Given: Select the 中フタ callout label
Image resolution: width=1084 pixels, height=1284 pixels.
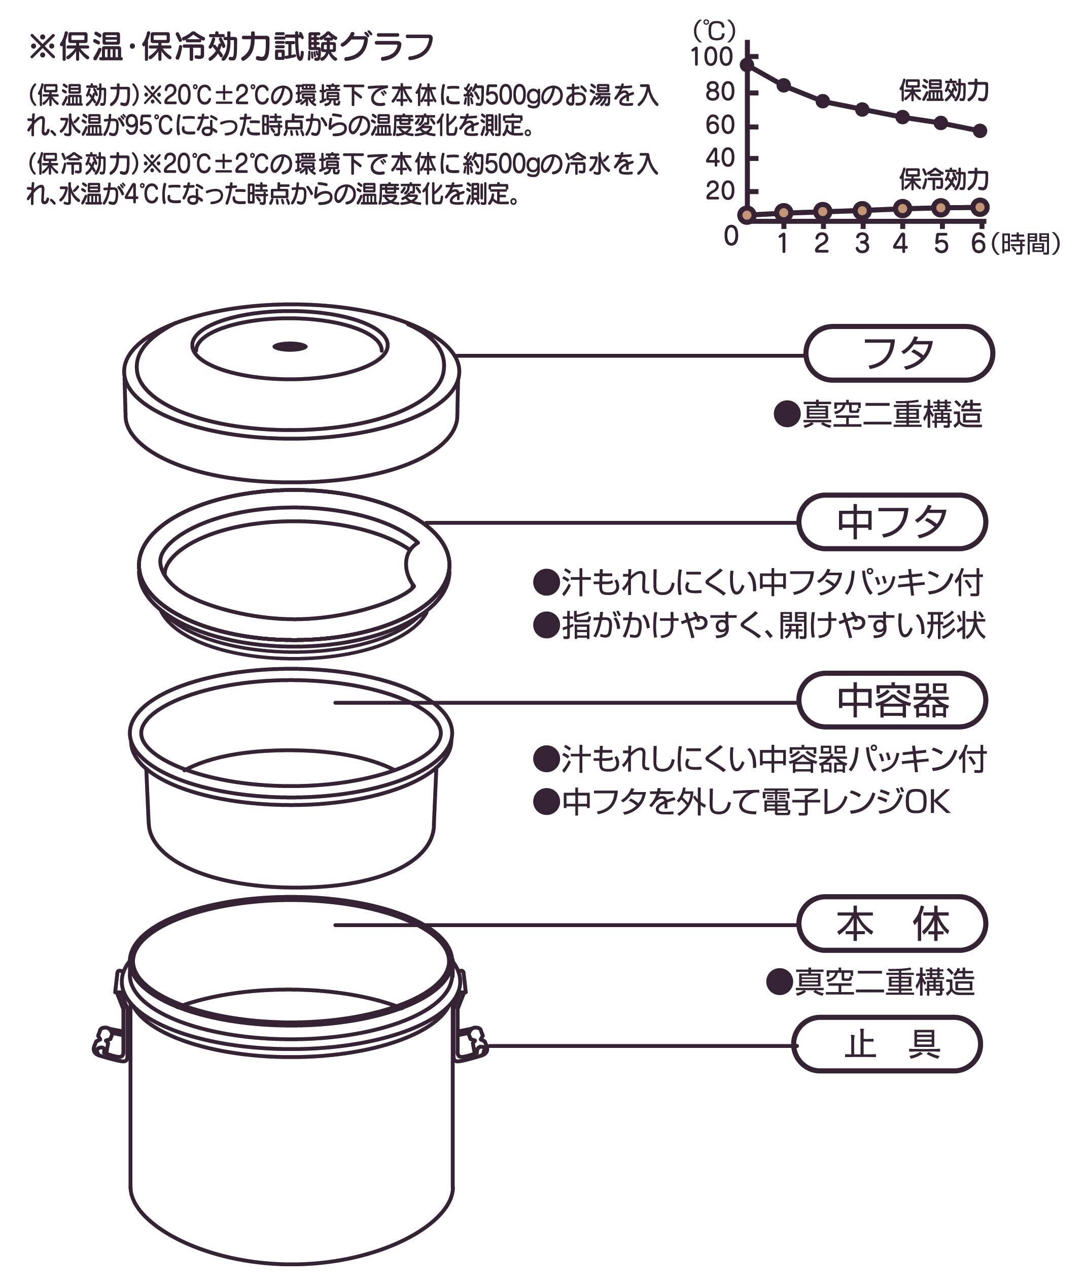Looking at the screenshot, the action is point(892,521).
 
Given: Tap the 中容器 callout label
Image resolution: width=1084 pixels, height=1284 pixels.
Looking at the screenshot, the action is point(892,700).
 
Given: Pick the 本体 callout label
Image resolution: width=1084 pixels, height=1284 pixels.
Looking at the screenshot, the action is point(892,924).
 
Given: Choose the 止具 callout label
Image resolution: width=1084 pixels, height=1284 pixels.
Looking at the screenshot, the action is point(887,1045).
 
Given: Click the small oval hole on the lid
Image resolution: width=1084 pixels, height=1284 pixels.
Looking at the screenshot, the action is point(290,347).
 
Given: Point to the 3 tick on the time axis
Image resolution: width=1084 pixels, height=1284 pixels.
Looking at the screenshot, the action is point(862,244).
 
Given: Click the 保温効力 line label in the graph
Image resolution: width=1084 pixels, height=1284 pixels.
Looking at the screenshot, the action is point(943,90).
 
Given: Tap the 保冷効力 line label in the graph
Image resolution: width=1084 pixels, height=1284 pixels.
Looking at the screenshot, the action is point(943,179).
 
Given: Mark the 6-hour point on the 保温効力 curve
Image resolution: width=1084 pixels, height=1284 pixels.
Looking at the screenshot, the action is point(980,130).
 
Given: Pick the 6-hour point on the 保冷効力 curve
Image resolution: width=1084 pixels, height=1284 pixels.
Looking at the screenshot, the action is point(980,207).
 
